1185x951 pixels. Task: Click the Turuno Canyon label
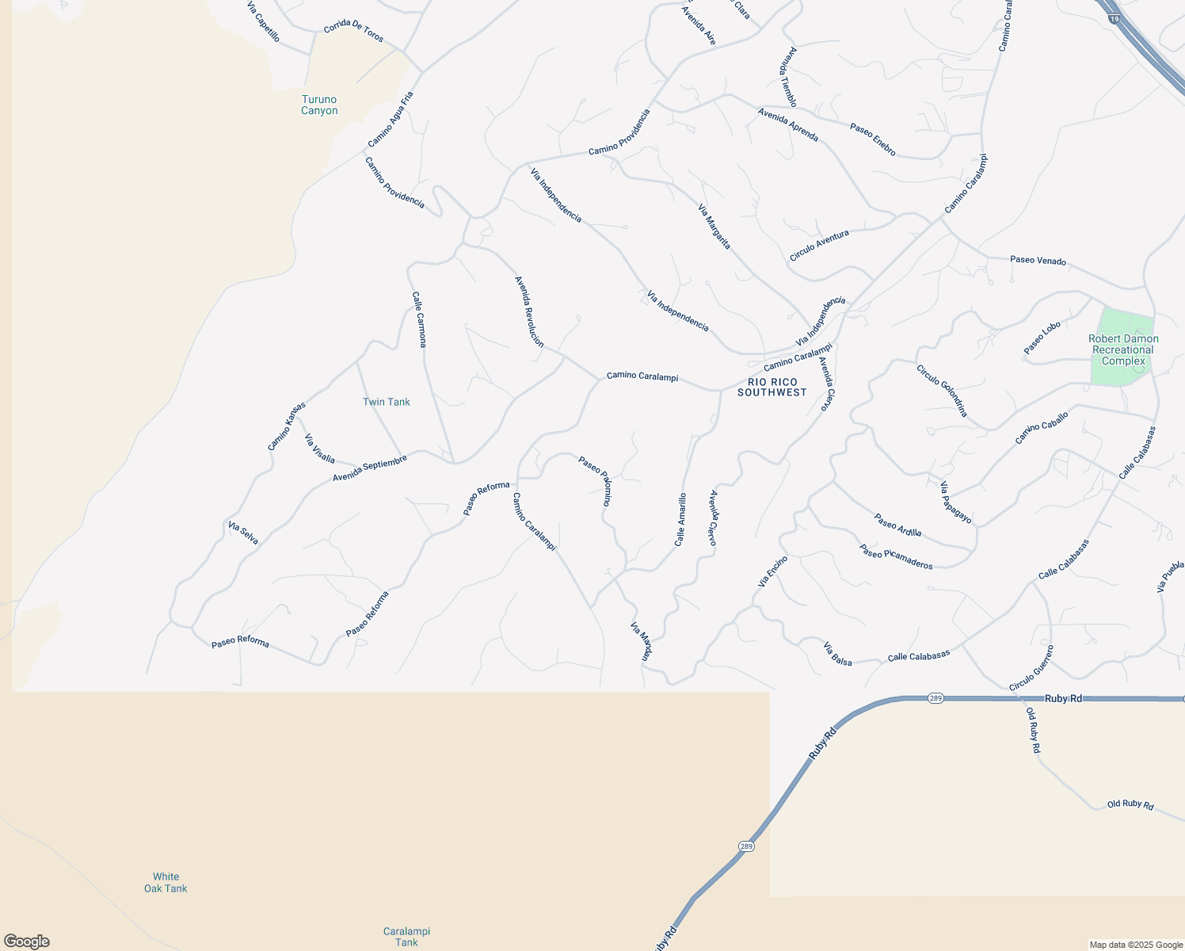[x=319, y=105]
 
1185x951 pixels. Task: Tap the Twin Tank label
[x=387, y=402]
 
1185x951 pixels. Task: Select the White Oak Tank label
[x=166, y=883]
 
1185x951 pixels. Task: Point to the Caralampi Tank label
[x=406, y=937]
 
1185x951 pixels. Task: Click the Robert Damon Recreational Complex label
[x=1123, y=349]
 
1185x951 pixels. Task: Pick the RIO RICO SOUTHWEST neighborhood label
[x=772, y=388]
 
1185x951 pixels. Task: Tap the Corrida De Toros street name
[x=353, y=32]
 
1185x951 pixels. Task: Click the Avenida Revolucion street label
[x=529, y=311]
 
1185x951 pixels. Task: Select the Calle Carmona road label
[x=419, y=319]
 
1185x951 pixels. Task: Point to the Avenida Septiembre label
[x=370, y=468]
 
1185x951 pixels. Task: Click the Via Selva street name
[x=243, y=533]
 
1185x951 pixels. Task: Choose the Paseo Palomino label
[x=595, y=480]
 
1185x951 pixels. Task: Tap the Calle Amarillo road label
[x=680, y=520]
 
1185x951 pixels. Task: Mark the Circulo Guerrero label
[x=1031, y=668]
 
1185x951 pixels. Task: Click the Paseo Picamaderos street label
[x=896, y=556]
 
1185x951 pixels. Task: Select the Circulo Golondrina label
[x=942, y=391]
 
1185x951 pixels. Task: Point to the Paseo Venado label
[x=1038, y=260]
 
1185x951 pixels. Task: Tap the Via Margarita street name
[x=714, y=227]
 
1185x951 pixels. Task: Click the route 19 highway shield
[x=1114, y=19]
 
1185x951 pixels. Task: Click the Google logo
[x=27, y=941]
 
